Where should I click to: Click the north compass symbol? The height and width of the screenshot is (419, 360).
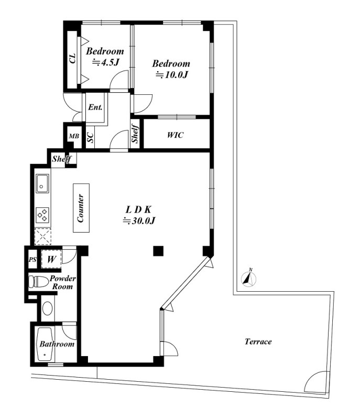click(x=249, y=279)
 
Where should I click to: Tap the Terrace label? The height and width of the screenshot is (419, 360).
click(x=258, y=341)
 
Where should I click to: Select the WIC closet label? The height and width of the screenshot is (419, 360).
click(x=176, y=135)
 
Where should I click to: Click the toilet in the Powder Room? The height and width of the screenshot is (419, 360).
click(x=38, y=282)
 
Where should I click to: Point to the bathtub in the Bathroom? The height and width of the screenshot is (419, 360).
click(x=45, y=344)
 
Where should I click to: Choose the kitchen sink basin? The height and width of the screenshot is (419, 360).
click(x=42, y=183)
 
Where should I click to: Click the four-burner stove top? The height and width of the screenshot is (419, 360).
click(x=42, y=215)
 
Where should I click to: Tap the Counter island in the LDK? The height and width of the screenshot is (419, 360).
click(x=81, y=207)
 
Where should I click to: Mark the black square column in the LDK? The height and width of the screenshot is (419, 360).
click(x=158, y=251)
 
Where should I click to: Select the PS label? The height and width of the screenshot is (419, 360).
click(x=32, y=259)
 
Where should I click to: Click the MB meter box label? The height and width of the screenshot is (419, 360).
click(x=74, y=136)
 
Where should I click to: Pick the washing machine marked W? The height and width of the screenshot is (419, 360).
click(x=51, y=259)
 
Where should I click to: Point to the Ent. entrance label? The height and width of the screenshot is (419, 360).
click(x=95, y=107)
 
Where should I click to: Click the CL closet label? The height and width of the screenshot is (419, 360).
click(x=72, y=59)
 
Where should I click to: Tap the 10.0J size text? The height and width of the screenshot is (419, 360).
click(x=172, y=75)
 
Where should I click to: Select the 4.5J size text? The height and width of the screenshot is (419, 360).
click(x=105, y=62)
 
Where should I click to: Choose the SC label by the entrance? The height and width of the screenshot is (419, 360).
click(x=91, y=138)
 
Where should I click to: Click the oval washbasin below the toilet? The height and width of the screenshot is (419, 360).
click(x=47, y=308)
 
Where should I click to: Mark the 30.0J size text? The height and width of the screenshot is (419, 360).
click(x=139, y=220)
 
